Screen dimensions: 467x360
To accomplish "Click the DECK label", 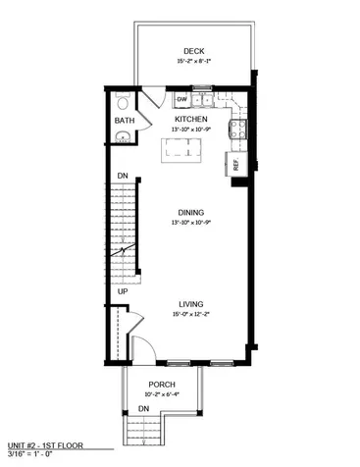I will coord(192,51).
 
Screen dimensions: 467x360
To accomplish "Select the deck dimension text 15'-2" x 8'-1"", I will coord(192,61).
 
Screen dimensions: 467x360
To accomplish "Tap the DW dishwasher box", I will coord(182,99).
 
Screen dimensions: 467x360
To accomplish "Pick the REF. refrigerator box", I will coord(236,164).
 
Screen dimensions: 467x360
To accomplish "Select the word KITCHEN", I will coord(190,120).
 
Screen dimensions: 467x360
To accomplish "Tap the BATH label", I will coord(124,121).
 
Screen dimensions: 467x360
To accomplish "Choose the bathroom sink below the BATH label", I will coord(122,137).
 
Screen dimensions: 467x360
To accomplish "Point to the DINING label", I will coord(190,212).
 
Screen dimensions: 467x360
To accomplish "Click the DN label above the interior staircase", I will coord(123,177).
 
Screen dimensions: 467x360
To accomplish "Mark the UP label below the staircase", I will coord(123,291).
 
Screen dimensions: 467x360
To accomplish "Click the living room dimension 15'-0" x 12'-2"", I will coord(190,314).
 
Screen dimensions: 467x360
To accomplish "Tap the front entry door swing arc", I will coord(140,345).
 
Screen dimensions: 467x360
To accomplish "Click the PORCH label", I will coord(161,384).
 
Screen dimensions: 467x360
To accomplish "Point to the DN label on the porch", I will coord(143,407).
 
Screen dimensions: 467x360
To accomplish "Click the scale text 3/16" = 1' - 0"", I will coord(35,454).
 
